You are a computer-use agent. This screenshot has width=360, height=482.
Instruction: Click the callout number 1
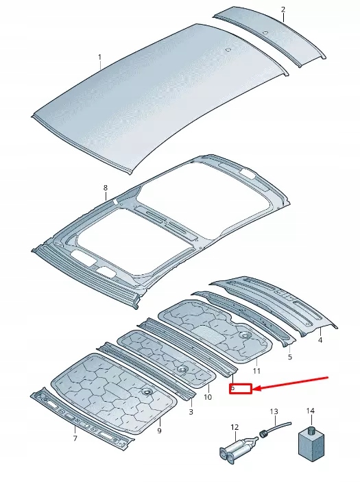point(99,57)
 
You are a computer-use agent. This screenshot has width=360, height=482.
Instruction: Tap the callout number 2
point(283,9)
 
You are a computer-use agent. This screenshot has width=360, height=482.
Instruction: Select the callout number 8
point(106,187)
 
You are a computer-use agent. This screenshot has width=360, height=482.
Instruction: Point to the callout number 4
point(320,339)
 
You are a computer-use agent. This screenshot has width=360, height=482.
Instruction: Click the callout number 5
point(290,357)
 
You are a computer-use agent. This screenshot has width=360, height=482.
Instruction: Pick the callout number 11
point(257,371)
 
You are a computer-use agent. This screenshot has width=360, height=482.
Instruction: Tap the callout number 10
point(208,396)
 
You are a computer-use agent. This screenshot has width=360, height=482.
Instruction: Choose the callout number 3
point(191,411)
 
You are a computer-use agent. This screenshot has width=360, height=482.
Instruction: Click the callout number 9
point(159,430)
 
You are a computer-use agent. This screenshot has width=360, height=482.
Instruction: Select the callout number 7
point(75,438)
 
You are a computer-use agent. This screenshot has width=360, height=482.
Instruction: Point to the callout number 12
point(235,427)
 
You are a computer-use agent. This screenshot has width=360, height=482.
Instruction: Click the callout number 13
point(274,411)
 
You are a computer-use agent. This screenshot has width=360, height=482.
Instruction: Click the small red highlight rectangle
point(241,388)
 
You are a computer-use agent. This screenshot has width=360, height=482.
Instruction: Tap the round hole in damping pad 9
point(147,391)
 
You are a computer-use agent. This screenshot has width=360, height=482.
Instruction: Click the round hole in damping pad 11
point(244,335)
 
